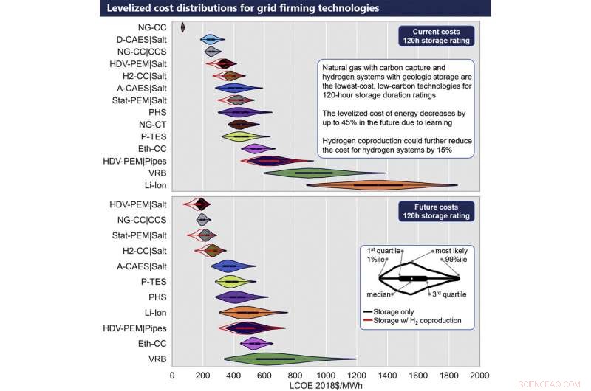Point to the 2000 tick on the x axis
479,374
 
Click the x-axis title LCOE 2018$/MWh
326,384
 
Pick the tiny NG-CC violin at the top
182,28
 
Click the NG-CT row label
152,124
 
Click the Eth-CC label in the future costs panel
151,343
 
